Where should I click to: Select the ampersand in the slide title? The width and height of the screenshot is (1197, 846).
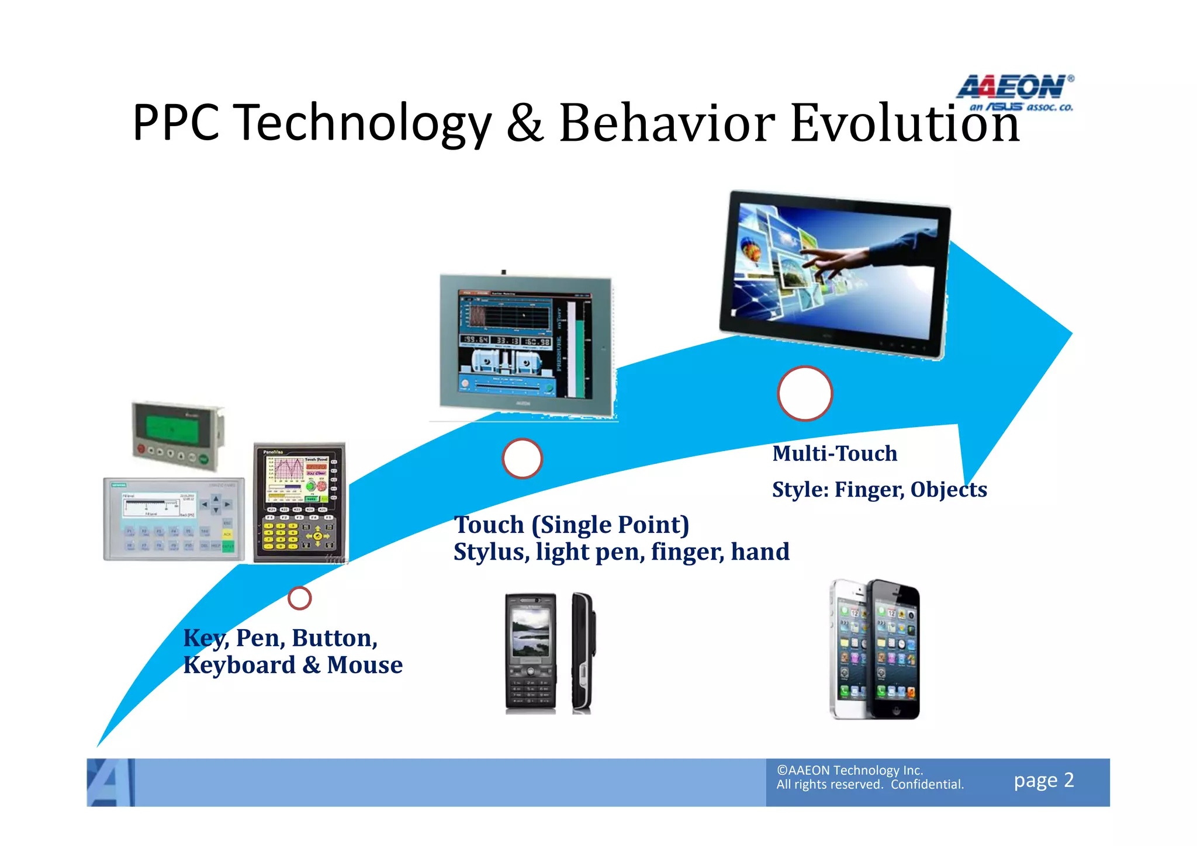coord(524,124)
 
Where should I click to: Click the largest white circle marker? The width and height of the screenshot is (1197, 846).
coord(804,393)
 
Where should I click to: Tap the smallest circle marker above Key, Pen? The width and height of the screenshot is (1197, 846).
coord(299,598)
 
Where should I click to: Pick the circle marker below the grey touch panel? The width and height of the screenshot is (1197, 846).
coord(522,458)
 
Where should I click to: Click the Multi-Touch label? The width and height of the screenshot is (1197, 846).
coord(834,453)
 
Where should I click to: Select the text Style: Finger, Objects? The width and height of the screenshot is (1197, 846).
coord(879,490)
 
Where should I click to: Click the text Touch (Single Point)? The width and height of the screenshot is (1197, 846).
coord(572,525)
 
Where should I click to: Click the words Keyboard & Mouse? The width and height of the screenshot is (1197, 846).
coord(293,665)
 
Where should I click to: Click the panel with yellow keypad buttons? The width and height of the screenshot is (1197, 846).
coord(299,502)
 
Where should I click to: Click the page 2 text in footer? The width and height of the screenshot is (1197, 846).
coord(1043,781)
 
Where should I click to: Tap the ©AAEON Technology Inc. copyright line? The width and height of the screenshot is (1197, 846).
coord(849,770)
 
